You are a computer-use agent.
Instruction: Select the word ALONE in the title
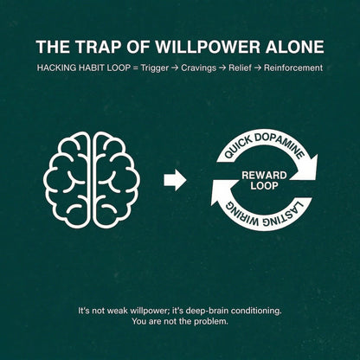[295, 47]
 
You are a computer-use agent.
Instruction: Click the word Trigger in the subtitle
[155, 68]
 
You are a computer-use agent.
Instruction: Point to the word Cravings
[198, 68]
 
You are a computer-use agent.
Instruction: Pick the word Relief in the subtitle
[240, 68]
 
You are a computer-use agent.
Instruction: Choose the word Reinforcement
[293, 68]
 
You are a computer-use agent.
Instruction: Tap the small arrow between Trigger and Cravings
[175, 68]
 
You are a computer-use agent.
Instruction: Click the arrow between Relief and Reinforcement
[258, 68]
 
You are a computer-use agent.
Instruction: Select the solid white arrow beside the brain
[175, 180]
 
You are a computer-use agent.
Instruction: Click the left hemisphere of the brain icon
[67, 180]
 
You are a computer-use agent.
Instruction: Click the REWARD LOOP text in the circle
[264, 181]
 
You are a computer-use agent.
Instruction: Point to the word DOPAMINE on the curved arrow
[280, 144]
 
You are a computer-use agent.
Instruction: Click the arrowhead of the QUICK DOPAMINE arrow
[308, 168]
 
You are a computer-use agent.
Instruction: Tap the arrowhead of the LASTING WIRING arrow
[221, 194]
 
